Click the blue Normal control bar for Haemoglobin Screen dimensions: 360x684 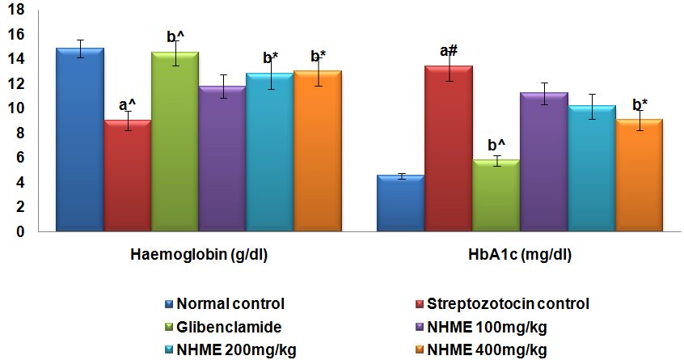(79, 142)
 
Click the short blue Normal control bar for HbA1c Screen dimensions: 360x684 (401, 203)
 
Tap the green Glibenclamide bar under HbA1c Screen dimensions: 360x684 (496, 196)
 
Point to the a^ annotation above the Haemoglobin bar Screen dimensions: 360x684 (128, 104)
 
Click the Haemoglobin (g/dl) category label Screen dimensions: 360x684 (199, 256)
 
